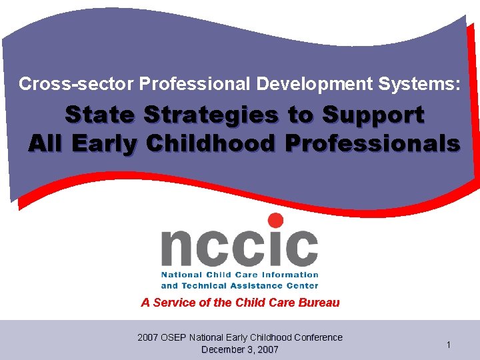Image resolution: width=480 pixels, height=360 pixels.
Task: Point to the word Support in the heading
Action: click(373, 115)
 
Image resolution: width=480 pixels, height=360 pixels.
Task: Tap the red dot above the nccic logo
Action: click(275, 221)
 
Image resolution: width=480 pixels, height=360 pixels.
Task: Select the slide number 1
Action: click(449, 345)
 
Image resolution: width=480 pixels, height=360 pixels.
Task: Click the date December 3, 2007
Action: click(240, 349)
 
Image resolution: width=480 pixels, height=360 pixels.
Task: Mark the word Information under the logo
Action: click(287, 275)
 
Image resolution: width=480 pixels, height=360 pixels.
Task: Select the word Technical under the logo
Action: click(210, 285)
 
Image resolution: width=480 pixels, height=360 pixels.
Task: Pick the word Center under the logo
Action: click(302, 285)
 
